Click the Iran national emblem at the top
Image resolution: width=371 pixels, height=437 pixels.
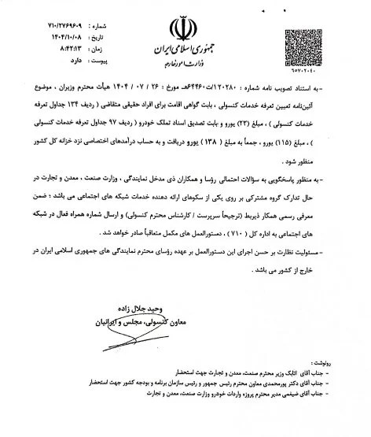pos(183,27)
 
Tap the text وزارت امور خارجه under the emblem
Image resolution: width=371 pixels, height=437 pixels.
pos(182,66)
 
